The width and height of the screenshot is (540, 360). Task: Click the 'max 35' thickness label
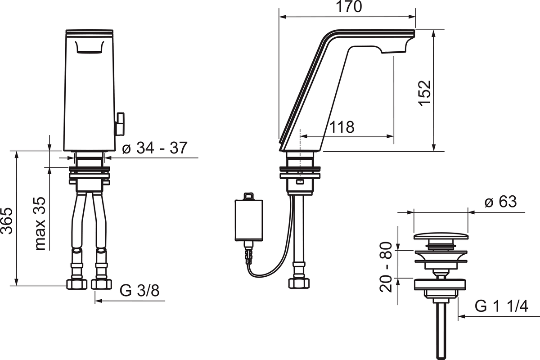(x=40, y=224)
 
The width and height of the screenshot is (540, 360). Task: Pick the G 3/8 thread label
(x=139, y=291)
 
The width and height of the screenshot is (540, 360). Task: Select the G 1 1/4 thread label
(x=501, y=307)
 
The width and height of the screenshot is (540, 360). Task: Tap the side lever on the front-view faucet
(x=120, y=123)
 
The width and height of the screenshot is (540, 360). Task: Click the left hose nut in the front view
(x=76, y=284)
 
